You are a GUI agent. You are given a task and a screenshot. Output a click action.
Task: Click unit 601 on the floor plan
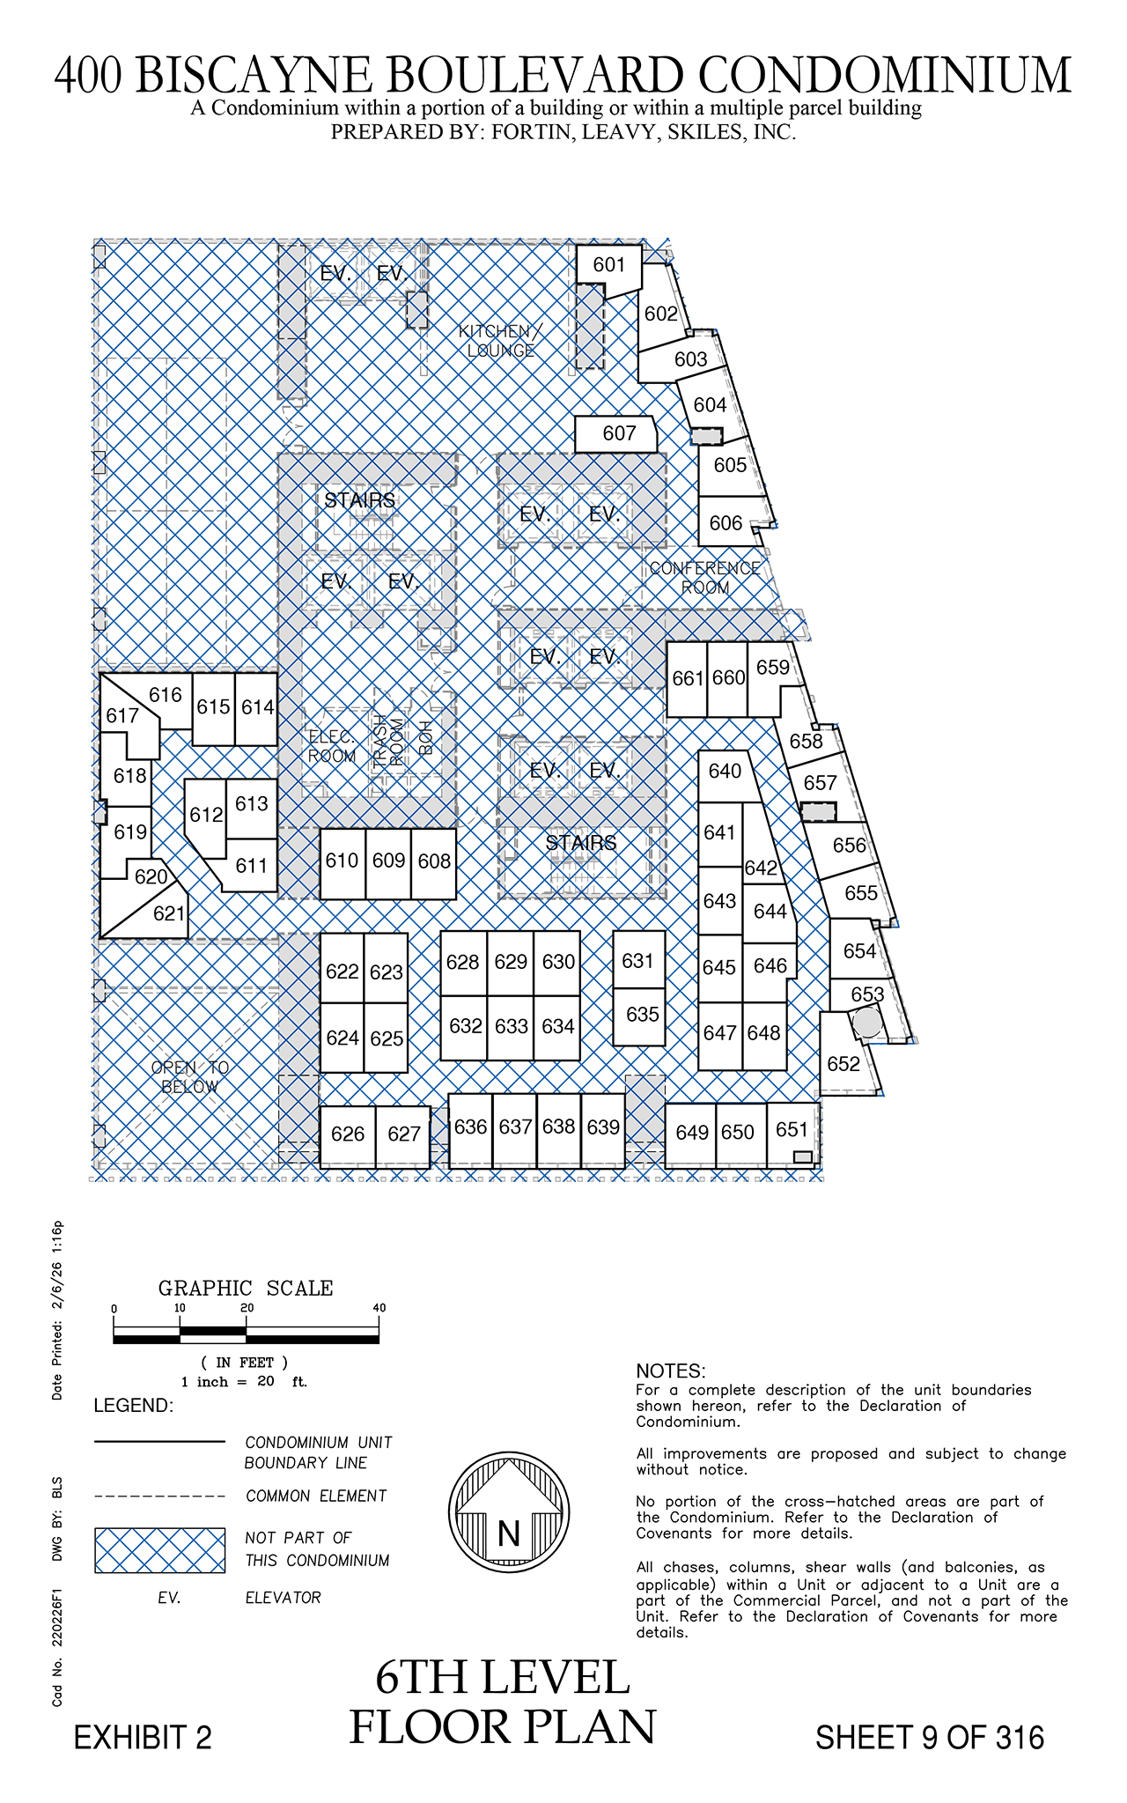pyautogui.click(x=609, y=269)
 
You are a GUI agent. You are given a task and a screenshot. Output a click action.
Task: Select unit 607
pyautogui.click(x=616, y=433)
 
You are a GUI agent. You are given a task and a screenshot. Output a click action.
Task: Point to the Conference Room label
pyautogui.click(x=705, y=578)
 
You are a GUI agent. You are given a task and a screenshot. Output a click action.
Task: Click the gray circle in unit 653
pyautogui.click(x=868, y=1023)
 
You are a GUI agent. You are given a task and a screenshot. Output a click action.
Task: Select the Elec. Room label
pyautogui.click(x=332, y=747)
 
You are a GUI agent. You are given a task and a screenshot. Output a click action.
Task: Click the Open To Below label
pyautogui.click(x=190, y=1077)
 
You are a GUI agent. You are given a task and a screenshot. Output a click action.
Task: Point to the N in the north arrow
pyautogui.click(x=509, y=1533)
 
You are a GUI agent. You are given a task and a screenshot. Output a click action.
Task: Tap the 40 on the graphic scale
pyautogui.click(x=379, y=1308)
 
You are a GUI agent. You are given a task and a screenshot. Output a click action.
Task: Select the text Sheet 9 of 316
pyautogui.click(x=930, y=1738)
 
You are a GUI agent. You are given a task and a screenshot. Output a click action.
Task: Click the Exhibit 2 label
pyautogui.click(x=143, y=1738)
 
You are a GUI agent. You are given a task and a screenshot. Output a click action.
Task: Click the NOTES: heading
pyautogui.click(x=671, y=1371)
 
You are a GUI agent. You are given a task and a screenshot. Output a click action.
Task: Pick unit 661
pyautogui.click(x=687, y=679)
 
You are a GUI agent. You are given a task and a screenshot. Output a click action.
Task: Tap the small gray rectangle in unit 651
pyautogui.click(x=802, y=1156)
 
